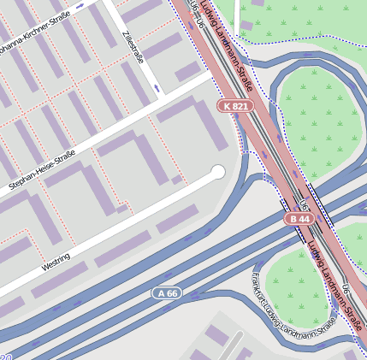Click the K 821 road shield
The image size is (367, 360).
pos(235,106)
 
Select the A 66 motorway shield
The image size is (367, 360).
pos(167,293)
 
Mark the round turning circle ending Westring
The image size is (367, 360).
pos(218,172)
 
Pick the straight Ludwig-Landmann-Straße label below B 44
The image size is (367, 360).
pos(334,278)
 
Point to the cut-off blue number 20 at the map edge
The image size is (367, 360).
pos(6,356)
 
